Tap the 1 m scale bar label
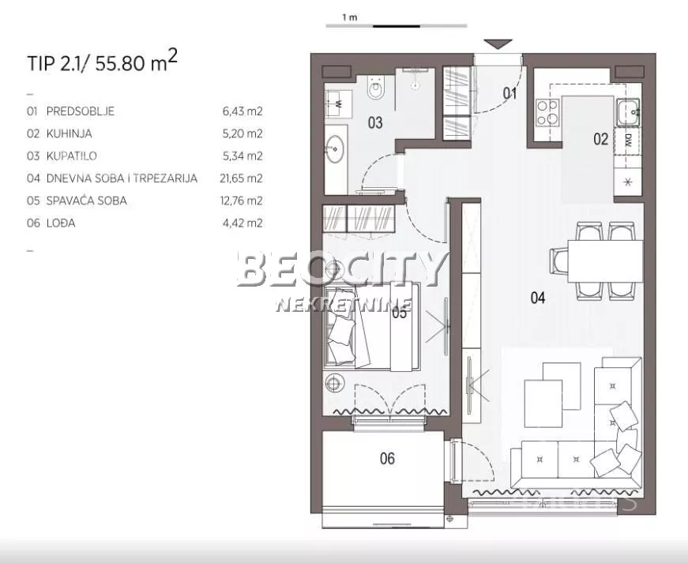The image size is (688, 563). [x=350, y=17]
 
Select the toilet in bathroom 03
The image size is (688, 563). [x=375, y=88]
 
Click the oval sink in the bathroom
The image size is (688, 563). [x=335, y=148]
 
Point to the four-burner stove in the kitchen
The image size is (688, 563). [x=547, y=112]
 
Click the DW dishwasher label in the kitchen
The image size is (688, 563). [x=628, y=141]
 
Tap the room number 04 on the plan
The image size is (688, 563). [x=538, y=298]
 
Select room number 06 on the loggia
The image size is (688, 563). [x=387, y=458]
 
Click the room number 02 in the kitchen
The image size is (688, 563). [x=600, y=139]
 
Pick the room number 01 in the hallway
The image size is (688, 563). [x=509, y=93]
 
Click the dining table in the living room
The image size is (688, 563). [x=605, y=261]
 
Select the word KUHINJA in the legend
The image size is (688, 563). [x=70, y=133]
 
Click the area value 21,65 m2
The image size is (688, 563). [x=241, y=178]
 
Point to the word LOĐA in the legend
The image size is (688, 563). [x=61, y=223]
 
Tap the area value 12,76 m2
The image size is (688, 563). [x=242, y=201]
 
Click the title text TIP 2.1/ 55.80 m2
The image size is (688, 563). [x=102, y=62]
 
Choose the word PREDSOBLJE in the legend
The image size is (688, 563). [x=81, y=111]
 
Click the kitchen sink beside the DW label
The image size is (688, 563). [x=627, y=113]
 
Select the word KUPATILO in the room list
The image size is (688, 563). [x=72, y=156]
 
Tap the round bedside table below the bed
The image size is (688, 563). [x=335, y=383]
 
